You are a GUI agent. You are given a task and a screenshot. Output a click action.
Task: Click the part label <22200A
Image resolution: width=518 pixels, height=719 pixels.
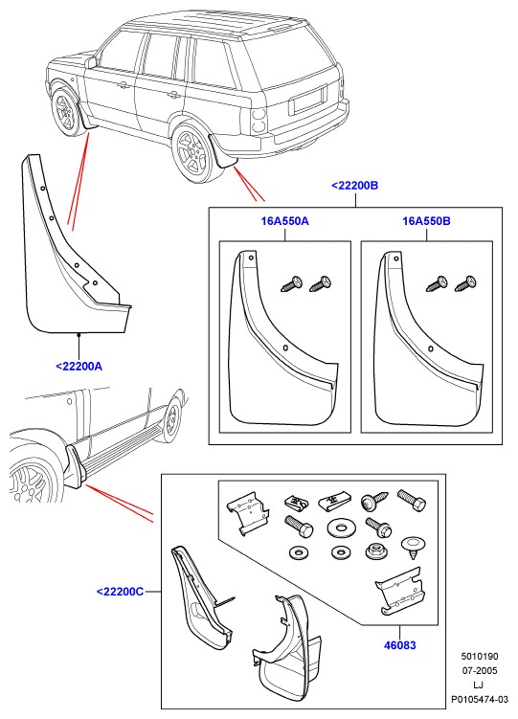click(x=79, y=367)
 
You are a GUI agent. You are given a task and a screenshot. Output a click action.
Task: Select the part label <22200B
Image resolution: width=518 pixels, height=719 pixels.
click(x=355, y=186)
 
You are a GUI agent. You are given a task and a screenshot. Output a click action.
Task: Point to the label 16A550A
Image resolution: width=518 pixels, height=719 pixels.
click(x=284, y=221)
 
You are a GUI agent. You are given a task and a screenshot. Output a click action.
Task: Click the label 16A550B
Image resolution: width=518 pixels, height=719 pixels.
click(x=426, y=221)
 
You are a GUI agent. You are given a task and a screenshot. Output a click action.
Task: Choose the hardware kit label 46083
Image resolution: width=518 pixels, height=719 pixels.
click(x=399, y=645)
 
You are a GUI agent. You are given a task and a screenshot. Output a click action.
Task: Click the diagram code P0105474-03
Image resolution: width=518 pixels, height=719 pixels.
click(x=480, y=699)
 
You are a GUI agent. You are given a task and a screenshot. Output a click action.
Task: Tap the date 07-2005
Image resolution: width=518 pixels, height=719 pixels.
click(x=480, y=671)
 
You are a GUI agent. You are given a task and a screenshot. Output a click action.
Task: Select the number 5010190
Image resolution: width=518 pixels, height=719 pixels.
click(x=480, y=657)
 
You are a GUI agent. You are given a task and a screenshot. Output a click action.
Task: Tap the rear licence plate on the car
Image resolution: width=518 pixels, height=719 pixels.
click(x=308, y=101)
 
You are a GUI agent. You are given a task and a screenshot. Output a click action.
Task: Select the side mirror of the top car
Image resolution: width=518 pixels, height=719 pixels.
click(x=91, y=61)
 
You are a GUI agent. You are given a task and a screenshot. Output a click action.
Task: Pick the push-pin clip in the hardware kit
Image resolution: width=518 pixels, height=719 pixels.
click(x=414, y=547)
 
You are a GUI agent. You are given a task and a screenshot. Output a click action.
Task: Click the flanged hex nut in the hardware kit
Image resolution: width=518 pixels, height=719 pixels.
click(x=374, y=550)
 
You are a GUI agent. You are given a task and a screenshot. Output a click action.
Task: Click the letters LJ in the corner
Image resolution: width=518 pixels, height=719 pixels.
click(x=480, y=685)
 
